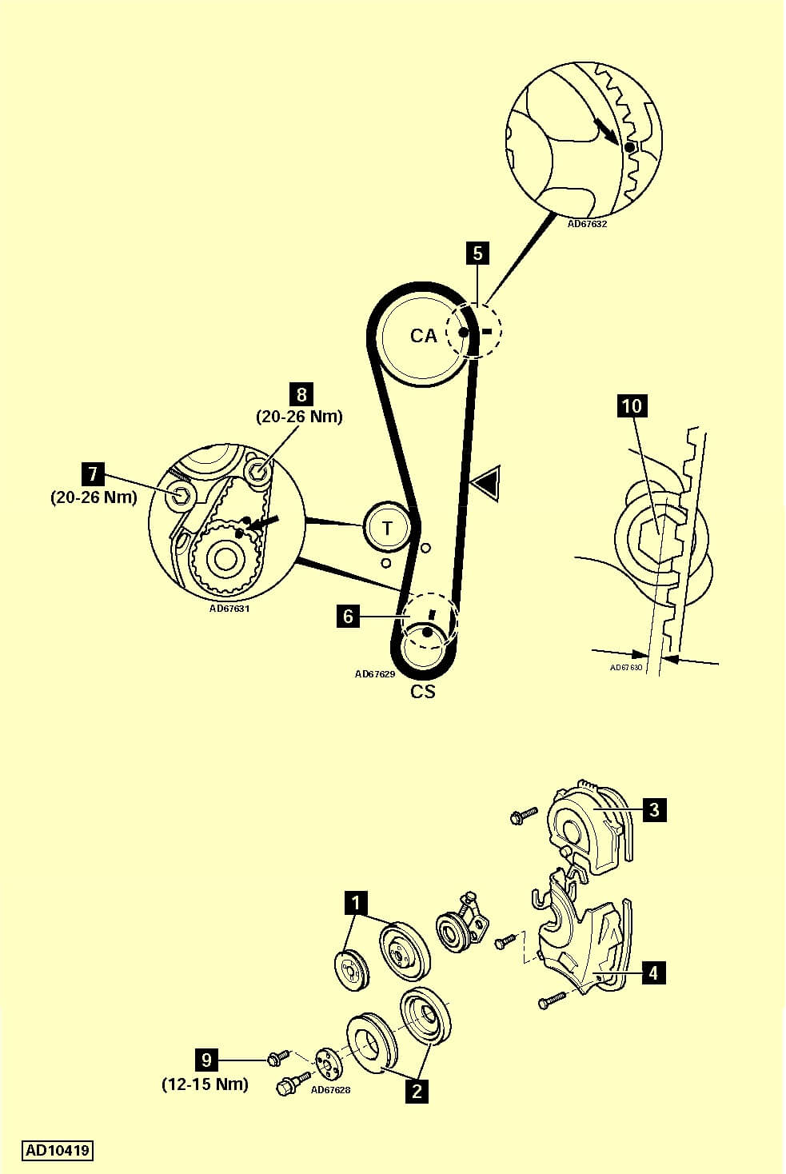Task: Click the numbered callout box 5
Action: tap(477, 254)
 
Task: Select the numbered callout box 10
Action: tap(632, 405)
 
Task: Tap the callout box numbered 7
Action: tap(93, 474)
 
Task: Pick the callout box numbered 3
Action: tap(654, 810)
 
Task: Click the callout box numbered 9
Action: tap(206, 1060)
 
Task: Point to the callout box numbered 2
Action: tap(417, 1090)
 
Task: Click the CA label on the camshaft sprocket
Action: tap(424, 336)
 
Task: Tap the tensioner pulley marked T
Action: tap(388, 528)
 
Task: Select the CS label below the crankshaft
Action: tap(423, 692)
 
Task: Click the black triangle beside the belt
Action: tap(485, 485)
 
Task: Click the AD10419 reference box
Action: tap(58, 1151)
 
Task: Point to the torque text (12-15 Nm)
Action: tap(205, 1084)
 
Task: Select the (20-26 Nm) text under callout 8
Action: tap(299, 417)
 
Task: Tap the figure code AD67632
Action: tap(588, 224)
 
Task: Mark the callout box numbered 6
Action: tap(348, 617)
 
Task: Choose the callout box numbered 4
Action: tap(653, 973)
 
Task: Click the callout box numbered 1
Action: tap(355, 904)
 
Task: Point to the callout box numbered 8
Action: tap(301, 394)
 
